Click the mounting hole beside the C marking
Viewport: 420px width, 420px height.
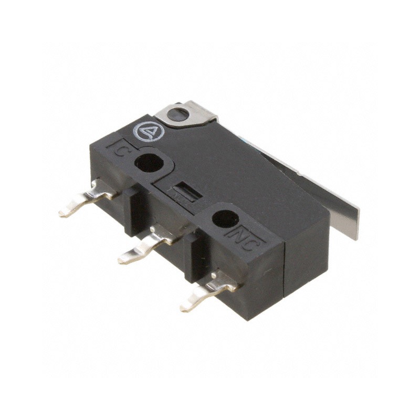point(149,163)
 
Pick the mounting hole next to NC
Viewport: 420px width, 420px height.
point(225,218)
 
